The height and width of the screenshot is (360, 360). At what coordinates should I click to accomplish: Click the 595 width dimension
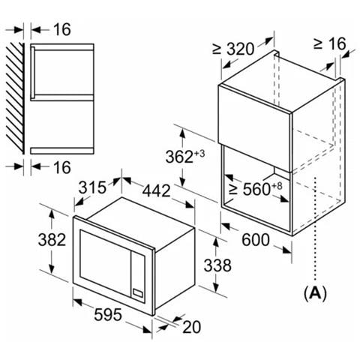click(x=108, y=314)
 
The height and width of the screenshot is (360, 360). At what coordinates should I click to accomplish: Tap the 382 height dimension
click(x=52, y=239)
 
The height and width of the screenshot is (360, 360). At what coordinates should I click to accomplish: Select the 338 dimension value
click(x=217, y=265)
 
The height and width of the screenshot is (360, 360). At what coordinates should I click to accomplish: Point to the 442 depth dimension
click(x=156, y=190)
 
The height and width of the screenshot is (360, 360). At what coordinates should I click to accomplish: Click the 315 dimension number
click(x=92, y=187)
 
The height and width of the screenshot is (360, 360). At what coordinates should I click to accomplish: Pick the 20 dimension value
click(x=192, y=327)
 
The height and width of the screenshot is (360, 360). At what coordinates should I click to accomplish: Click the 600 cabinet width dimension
click(x=256, y=239)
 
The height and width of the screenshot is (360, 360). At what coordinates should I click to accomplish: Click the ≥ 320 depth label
click(x=233, y=49)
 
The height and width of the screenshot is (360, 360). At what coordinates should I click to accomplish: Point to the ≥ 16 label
click(x=329, y=43)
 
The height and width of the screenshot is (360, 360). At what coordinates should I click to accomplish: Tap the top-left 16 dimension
click(x=62, y=29)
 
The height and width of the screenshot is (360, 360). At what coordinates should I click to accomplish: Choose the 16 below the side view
click(x=62, y=167)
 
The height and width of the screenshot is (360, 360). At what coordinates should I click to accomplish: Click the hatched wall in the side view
click(x=15, y=98)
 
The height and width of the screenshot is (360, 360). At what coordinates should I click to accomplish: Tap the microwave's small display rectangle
click(x=138, y=293)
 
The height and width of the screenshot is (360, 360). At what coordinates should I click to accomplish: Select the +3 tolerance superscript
click(x=199, y=153)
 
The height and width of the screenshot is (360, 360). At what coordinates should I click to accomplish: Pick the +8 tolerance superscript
click(x=277, y=186)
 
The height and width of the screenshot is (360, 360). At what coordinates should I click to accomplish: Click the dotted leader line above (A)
click(x=316, y=229)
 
